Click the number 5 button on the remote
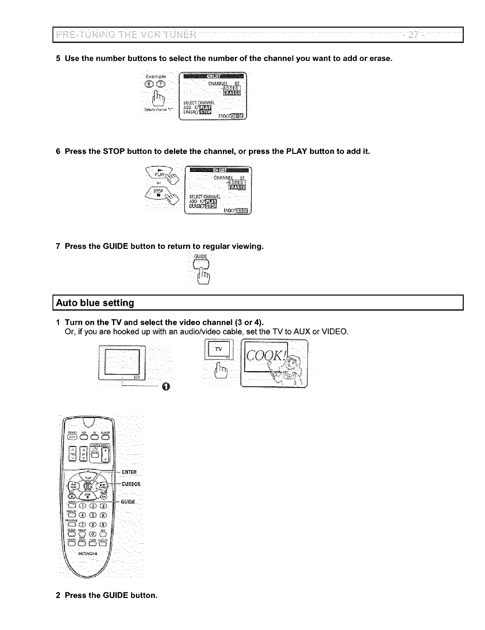pyautogui.click(x=93, y=515)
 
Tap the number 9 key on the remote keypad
pyautogui.click(x=103, y=524)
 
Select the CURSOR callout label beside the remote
pyautogui.click(x=131, y=484)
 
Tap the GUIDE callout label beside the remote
pyautogui.click(x=128, y=502)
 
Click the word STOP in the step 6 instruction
pyautogui.click(x=115, y=151)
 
